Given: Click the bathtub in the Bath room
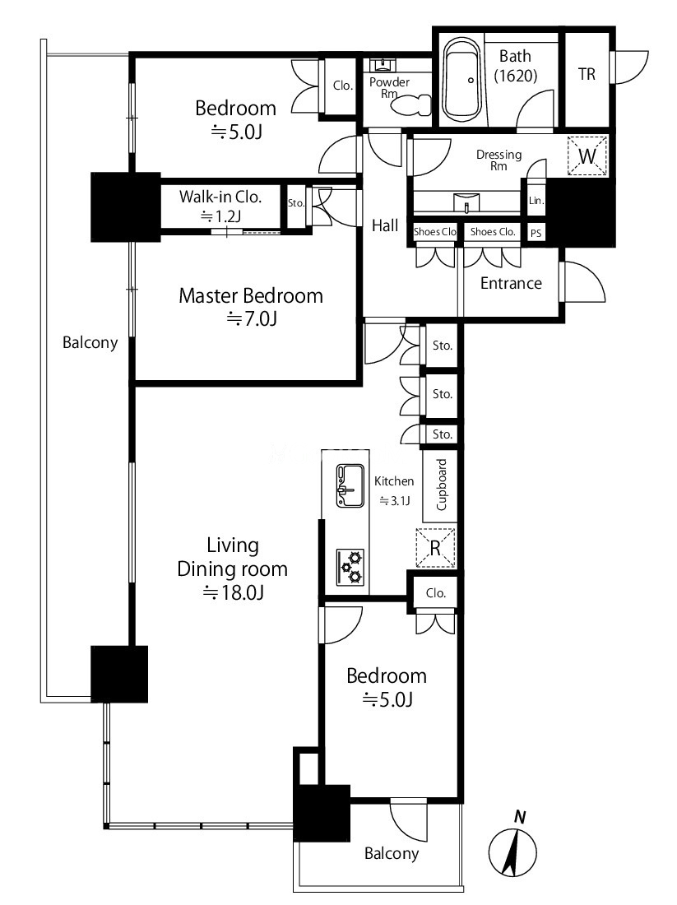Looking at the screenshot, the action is click(x=462, y=80).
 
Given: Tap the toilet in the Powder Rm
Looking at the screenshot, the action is click(x=411, y=105).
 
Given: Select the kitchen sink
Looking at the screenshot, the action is click(x=350, y=486).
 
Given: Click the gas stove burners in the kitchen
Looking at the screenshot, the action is click(x=350, y=567).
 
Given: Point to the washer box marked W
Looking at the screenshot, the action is click(x=587, y=155).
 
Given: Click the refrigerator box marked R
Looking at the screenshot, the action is click(x=436, y=548).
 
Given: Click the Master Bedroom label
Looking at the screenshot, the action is click(x=251, y=295).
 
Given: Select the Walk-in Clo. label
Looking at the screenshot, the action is click(x=220, y=197).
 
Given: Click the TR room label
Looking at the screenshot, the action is click(x=587, y=74).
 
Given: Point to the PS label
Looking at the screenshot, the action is click(x=536, y=233).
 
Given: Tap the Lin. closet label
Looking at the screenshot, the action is click(x=536, y=200).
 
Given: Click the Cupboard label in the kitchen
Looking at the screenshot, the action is click(x=442, y=485).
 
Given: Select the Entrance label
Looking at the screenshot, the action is click(x=512, y=283).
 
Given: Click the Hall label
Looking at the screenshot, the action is click(x=385, y=225).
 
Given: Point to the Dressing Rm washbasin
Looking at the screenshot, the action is click(x=466, y=202).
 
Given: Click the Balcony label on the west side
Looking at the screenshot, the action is click(x=90, y=343).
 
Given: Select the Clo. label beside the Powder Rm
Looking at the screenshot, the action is click(x=343, y=86).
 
